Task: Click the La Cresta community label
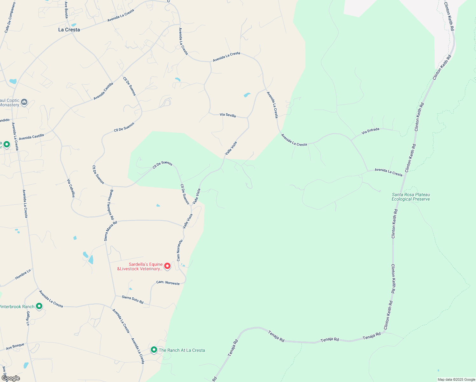pyautogui.click(x=69, y=30)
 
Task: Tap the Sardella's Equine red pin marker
pyautogui.click(x=167, y=266)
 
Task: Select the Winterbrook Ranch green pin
pyautogui.click(x=39, y=306)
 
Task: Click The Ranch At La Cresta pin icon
pyautogui.click(x=154, y=350)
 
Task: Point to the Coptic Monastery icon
pyautogui.click(x=24, y=102)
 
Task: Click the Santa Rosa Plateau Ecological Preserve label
pyautogui.click(x=411, y=197)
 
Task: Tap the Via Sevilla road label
pyautogui.click(x=228, y=115)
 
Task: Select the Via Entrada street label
pyautogui.click(x=370, y=131)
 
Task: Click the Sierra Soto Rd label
pyautogui.click(x=133, y=299)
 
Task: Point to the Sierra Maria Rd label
pyautogui.click(x=110, y=231)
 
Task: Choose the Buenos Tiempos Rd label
pyautogui.click(x=110, y=205)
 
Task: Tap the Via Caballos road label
pyautogui.click(x=71, y=188)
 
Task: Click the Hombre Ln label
pyautogui.click(x=23, y=274)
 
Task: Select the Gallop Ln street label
pyautogui.click(x=28, y=318)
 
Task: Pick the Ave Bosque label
pyautogui.click(x=15, y=346)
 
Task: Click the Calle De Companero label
pyautogui.click(x=10, y=18)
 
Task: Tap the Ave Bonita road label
pyautogui.click(x=66, y=10)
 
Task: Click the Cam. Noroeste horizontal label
pyautogui.click(x=168, y=283)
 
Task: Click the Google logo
pyautogui.click(x=11, y=378)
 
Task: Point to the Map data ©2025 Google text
pyautogui.click(x=456, y=379)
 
